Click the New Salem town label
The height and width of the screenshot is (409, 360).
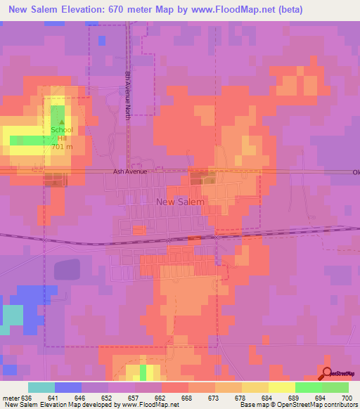click(x=179, y=202)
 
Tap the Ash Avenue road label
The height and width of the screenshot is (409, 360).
click(x=129, y=171)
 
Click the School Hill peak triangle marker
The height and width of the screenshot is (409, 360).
click(x=60, y=122)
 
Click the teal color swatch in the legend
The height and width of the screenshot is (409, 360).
click(x=41, y=387)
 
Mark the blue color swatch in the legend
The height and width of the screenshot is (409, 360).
click(x=67, y=387)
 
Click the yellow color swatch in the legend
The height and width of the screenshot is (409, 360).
click(x=282, y=387)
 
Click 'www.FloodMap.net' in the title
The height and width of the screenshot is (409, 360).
click(x=219, y=9)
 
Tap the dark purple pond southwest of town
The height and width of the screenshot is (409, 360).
click(x=67, y=270)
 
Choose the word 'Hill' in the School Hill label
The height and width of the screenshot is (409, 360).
click(x=60, y=138)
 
